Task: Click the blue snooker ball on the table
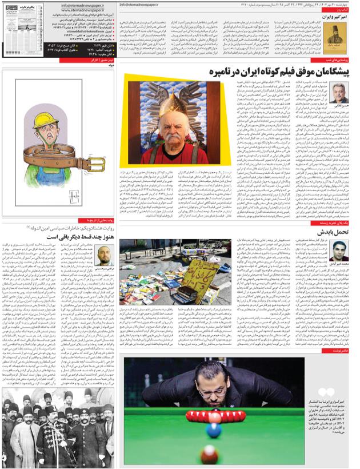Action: (x=213, y=426)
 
